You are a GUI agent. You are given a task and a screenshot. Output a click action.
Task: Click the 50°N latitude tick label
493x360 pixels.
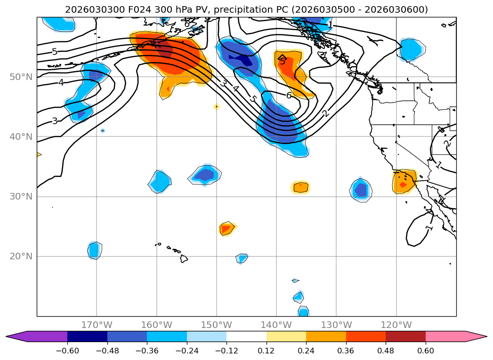tap(21, 77)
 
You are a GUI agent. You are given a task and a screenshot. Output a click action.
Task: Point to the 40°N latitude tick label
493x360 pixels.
tap(21, 137)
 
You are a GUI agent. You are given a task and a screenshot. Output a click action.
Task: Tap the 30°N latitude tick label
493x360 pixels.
tap(21, 197)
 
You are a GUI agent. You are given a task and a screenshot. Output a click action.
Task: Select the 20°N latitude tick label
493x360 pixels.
tap(21, 256)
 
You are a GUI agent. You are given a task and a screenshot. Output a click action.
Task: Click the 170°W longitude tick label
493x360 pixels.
tap(97, 325)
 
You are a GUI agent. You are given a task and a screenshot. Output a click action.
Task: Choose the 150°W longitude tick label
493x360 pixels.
tap(217, 325)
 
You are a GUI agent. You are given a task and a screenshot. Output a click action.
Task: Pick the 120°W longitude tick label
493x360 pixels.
tap(396, 325)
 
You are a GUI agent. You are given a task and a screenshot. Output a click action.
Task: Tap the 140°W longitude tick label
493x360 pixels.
tap(276, 325)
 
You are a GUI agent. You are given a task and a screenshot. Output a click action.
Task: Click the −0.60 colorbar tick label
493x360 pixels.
tap(67, 351)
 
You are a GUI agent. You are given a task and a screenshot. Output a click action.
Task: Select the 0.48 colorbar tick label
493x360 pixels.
tap(386, 351)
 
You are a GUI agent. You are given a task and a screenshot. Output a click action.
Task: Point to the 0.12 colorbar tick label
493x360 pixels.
tap(267, 351)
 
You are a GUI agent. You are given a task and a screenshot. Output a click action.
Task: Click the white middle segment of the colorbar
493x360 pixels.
tap(246, 336)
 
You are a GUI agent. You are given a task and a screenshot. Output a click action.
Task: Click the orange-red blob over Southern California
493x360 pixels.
tap(404, 182)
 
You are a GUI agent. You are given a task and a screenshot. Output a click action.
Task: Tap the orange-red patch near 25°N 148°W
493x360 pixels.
tap(226, 229)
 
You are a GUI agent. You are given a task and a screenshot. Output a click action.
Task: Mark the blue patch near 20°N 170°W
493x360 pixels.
tap(94, 250)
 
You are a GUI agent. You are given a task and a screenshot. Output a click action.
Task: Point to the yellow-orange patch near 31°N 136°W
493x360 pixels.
tap(300, 187)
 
